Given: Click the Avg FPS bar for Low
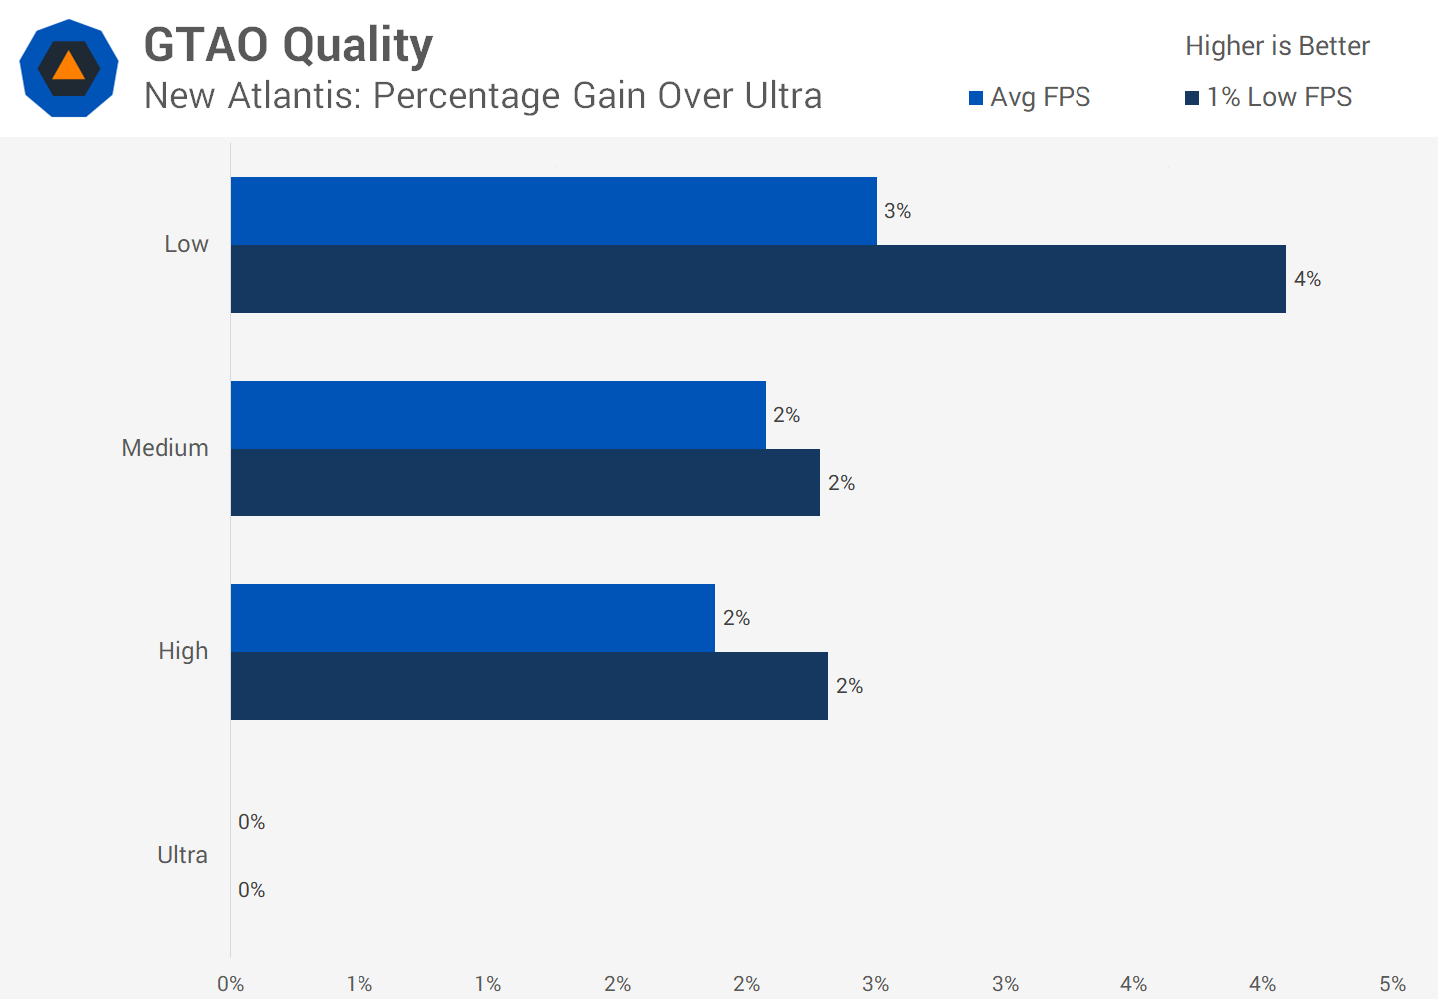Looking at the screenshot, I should tap(553, 211).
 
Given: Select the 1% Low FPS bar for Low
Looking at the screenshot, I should tap(758, 279).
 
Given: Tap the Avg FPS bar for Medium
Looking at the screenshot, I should tap(497, 415).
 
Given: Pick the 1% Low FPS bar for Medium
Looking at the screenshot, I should tap(524, 483).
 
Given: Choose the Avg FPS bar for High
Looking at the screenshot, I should tap(472, 618).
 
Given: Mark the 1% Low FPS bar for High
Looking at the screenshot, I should tap(528, 686).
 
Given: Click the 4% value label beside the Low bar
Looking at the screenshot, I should tap(1307, 279).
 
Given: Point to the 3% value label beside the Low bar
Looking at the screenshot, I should tap(897, 211).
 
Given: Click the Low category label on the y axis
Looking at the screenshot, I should tap(186, 244).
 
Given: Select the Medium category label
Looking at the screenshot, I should tap(165, 448).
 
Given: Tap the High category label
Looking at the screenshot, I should tap(183, 651).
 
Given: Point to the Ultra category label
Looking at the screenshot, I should tap(182, 855).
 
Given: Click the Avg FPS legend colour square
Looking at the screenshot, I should tap(976, 98).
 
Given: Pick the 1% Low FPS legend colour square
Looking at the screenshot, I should tap(1192, 98).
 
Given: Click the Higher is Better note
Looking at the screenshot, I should tap(1277, 46).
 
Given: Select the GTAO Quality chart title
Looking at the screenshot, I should tap(289, 45).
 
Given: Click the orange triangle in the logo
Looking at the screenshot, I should tap(68, 67).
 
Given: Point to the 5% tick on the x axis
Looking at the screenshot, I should tap(1392, 984).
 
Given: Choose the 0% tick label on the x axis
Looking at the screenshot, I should tap(231, 984).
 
